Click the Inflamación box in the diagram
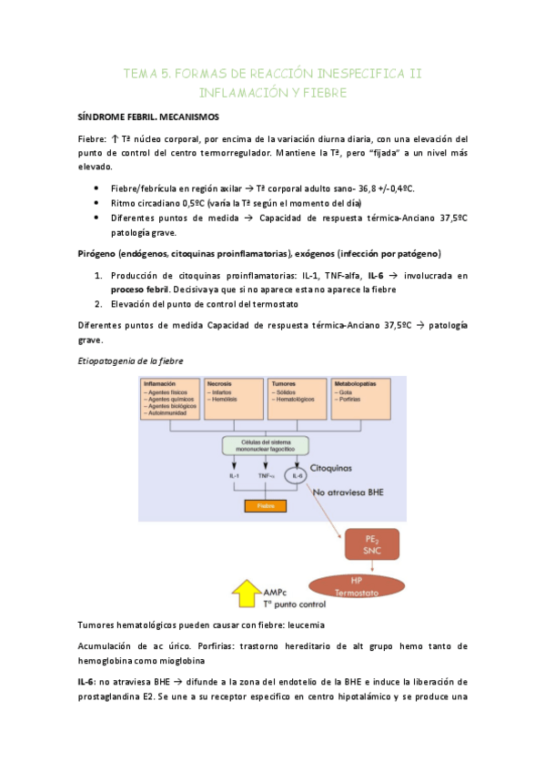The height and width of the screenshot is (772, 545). click(170, 399)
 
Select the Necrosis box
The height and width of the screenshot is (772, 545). click(233, 399)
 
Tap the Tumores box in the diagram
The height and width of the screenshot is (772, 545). click(296, 399)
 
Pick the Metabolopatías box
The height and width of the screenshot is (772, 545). click(362, 399)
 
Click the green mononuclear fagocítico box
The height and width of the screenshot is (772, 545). click(264, 445)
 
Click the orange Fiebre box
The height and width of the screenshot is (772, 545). click(264, 505)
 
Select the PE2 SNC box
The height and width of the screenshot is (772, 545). click(370, 544)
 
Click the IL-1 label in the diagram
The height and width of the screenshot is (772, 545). click(234, 475)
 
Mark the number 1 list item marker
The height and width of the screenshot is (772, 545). click(98, 275)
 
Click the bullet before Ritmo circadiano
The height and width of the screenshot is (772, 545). click(97, 203)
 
